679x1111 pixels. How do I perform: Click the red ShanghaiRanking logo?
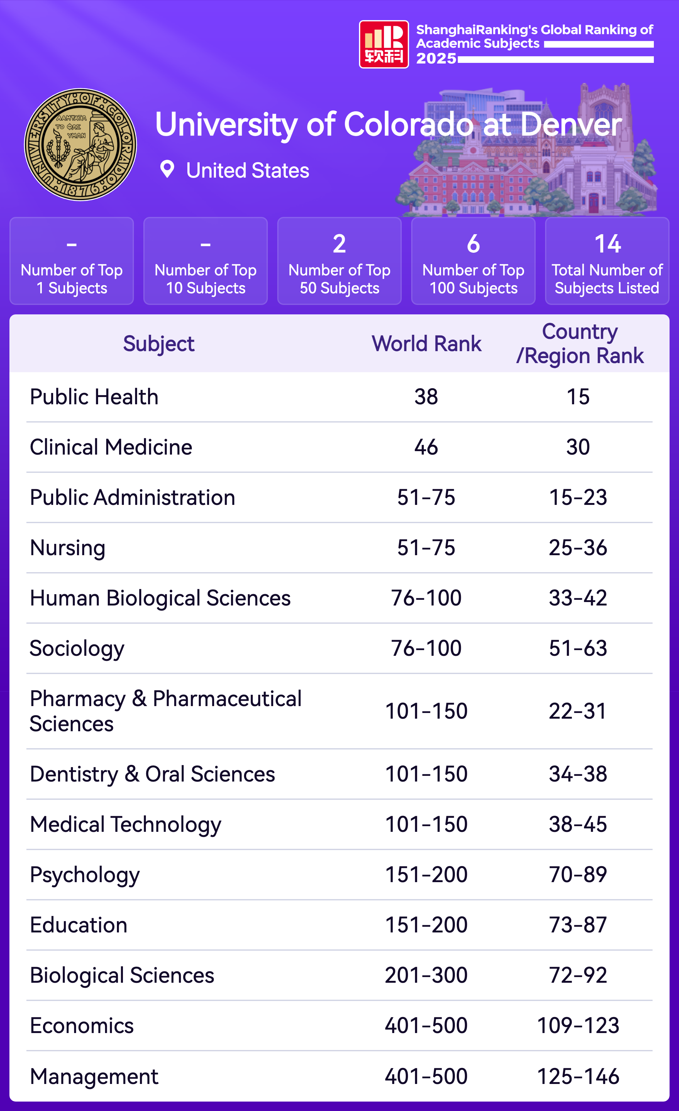coord(384,44)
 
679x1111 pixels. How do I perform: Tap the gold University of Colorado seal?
coord(80,144)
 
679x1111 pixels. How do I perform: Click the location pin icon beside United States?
coord(167,169)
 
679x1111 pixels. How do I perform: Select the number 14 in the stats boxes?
coord(607,244)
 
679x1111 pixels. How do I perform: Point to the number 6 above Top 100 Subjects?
coord(473,244)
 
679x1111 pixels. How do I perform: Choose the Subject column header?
coord(159,344)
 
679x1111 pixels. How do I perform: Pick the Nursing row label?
coord(68,548)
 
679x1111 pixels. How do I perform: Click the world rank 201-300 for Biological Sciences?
coord(426,975)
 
